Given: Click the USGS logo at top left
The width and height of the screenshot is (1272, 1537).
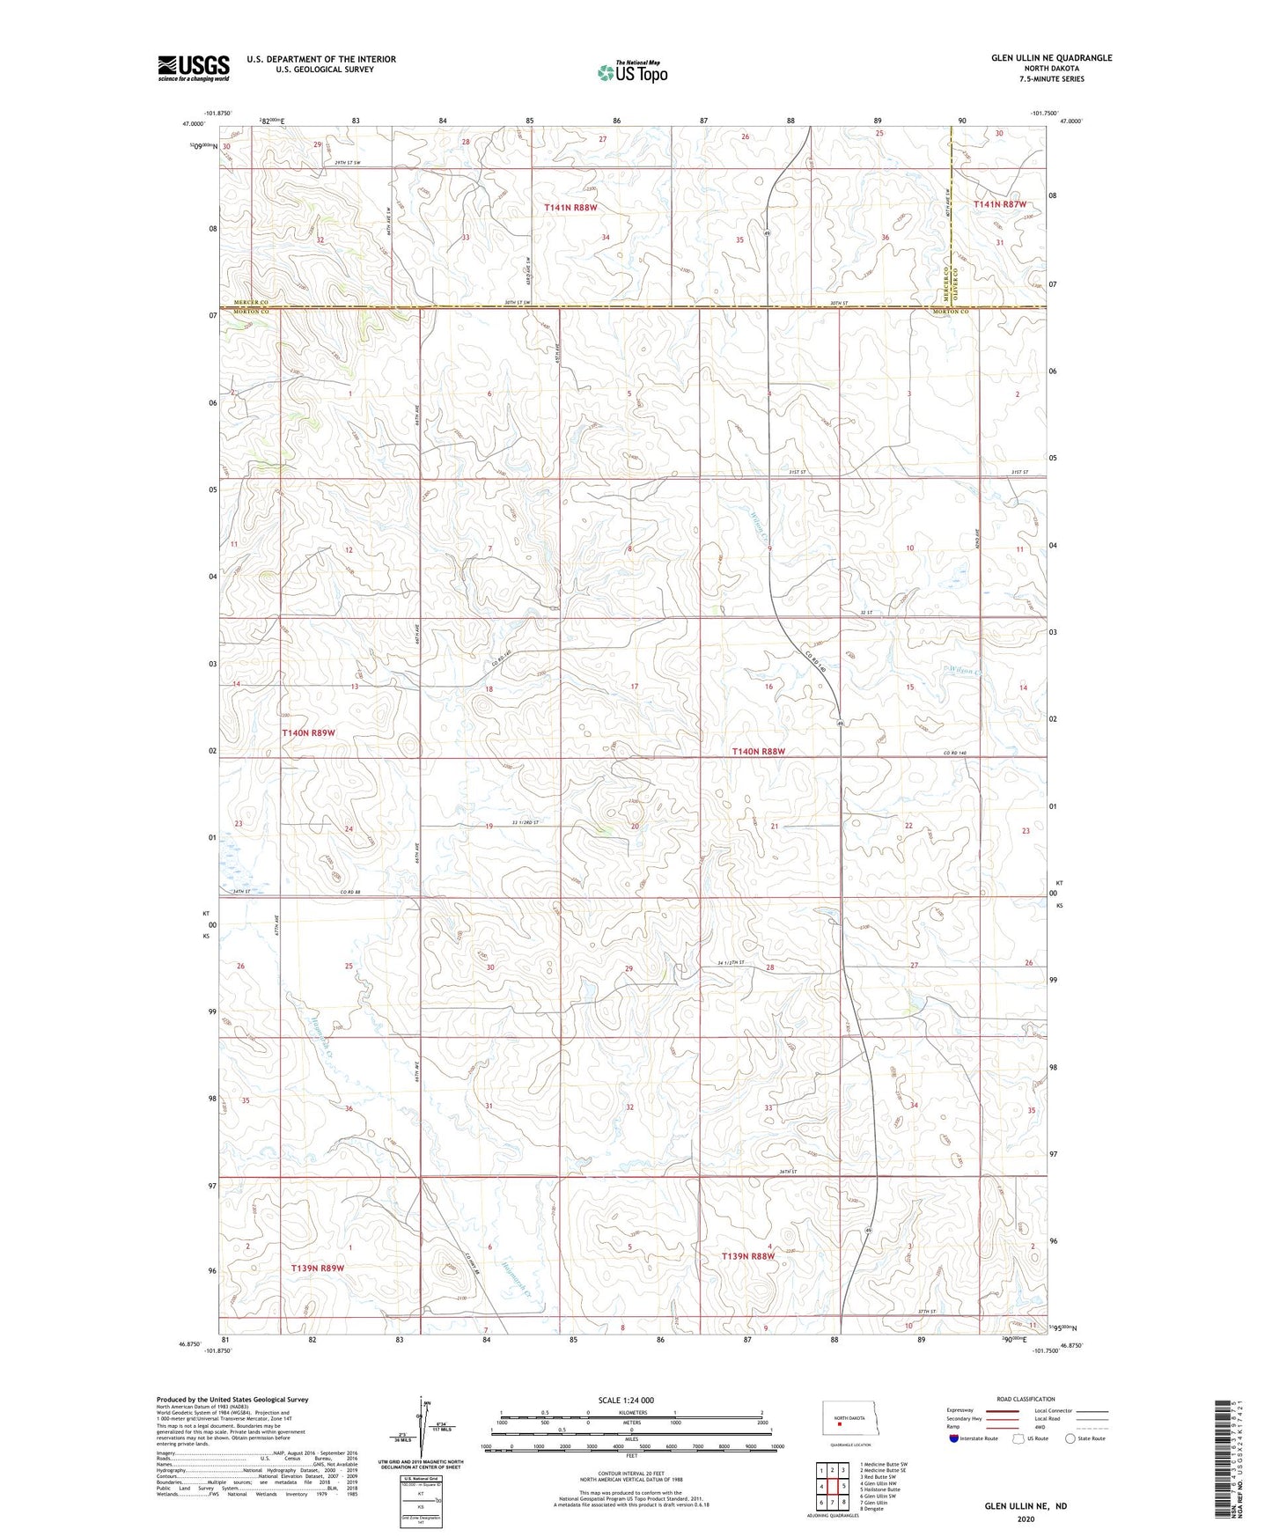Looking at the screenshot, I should point(194,67).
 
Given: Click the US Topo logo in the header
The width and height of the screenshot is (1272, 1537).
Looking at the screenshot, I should point(631,72).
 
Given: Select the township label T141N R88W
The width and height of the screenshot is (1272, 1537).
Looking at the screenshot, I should point(570,208).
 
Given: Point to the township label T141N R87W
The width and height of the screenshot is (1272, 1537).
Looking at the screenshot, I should point(1000,204).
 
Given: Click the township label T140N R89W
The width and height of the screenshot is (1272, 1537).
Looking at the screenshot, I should point(308,732).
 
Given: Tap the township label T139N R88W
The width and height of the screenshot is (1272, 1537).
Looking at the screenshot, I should point(747,1256).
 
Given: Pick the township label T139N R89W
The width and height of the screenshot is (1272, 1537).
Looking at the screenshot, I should point(317,1268).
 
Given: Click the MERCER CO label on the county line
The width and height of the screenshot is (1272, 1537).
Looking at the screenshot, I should point(249,301).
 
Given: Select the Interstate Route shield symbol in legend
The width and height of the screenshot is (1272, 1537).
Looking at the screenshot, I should point(954,1438).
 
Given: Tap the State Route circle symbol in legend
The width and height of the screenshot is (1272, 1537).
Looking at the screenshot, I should point(1070,1438).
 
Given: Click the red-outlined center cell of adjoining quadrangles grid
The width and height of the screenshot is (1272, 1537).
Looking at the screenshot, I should point(832,1487).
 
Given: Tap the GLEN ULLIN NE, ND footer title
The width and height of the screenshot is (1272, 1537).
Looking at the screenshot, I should point(1026,1506).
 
